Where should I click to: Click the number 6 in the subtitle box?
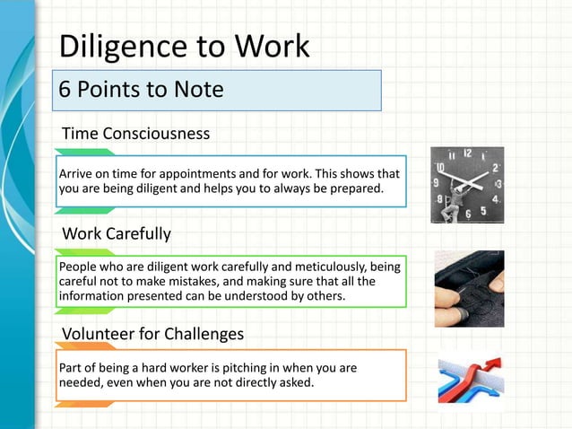coord(65,91)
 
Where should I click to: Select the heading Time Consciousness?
coord(135,134)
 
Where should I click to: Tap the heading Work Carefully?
coord(116,234)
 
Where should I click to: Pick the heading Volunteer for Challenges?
coord(152,334)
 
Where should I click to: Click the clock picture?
coord(466,185)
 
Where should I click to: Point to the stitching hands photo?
coord(469,289)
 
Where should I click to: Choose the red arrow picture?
coord(471,380)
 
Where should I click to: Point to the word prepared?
coord(355,188)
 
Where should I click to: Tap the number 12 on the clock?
coord(468,153)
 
